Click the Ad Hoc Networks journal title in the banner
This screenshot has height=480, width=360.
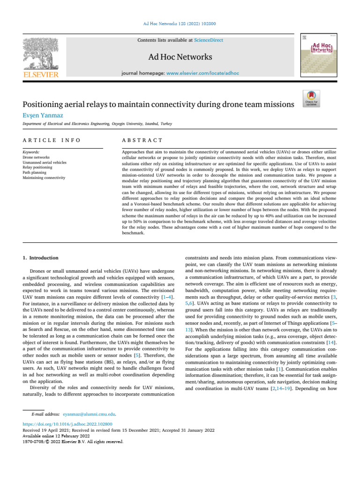[180, 57]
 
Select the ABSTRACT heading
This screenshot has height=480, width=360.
[142, 140]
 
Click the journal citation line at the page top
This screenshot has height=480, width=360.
[180, 24]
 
